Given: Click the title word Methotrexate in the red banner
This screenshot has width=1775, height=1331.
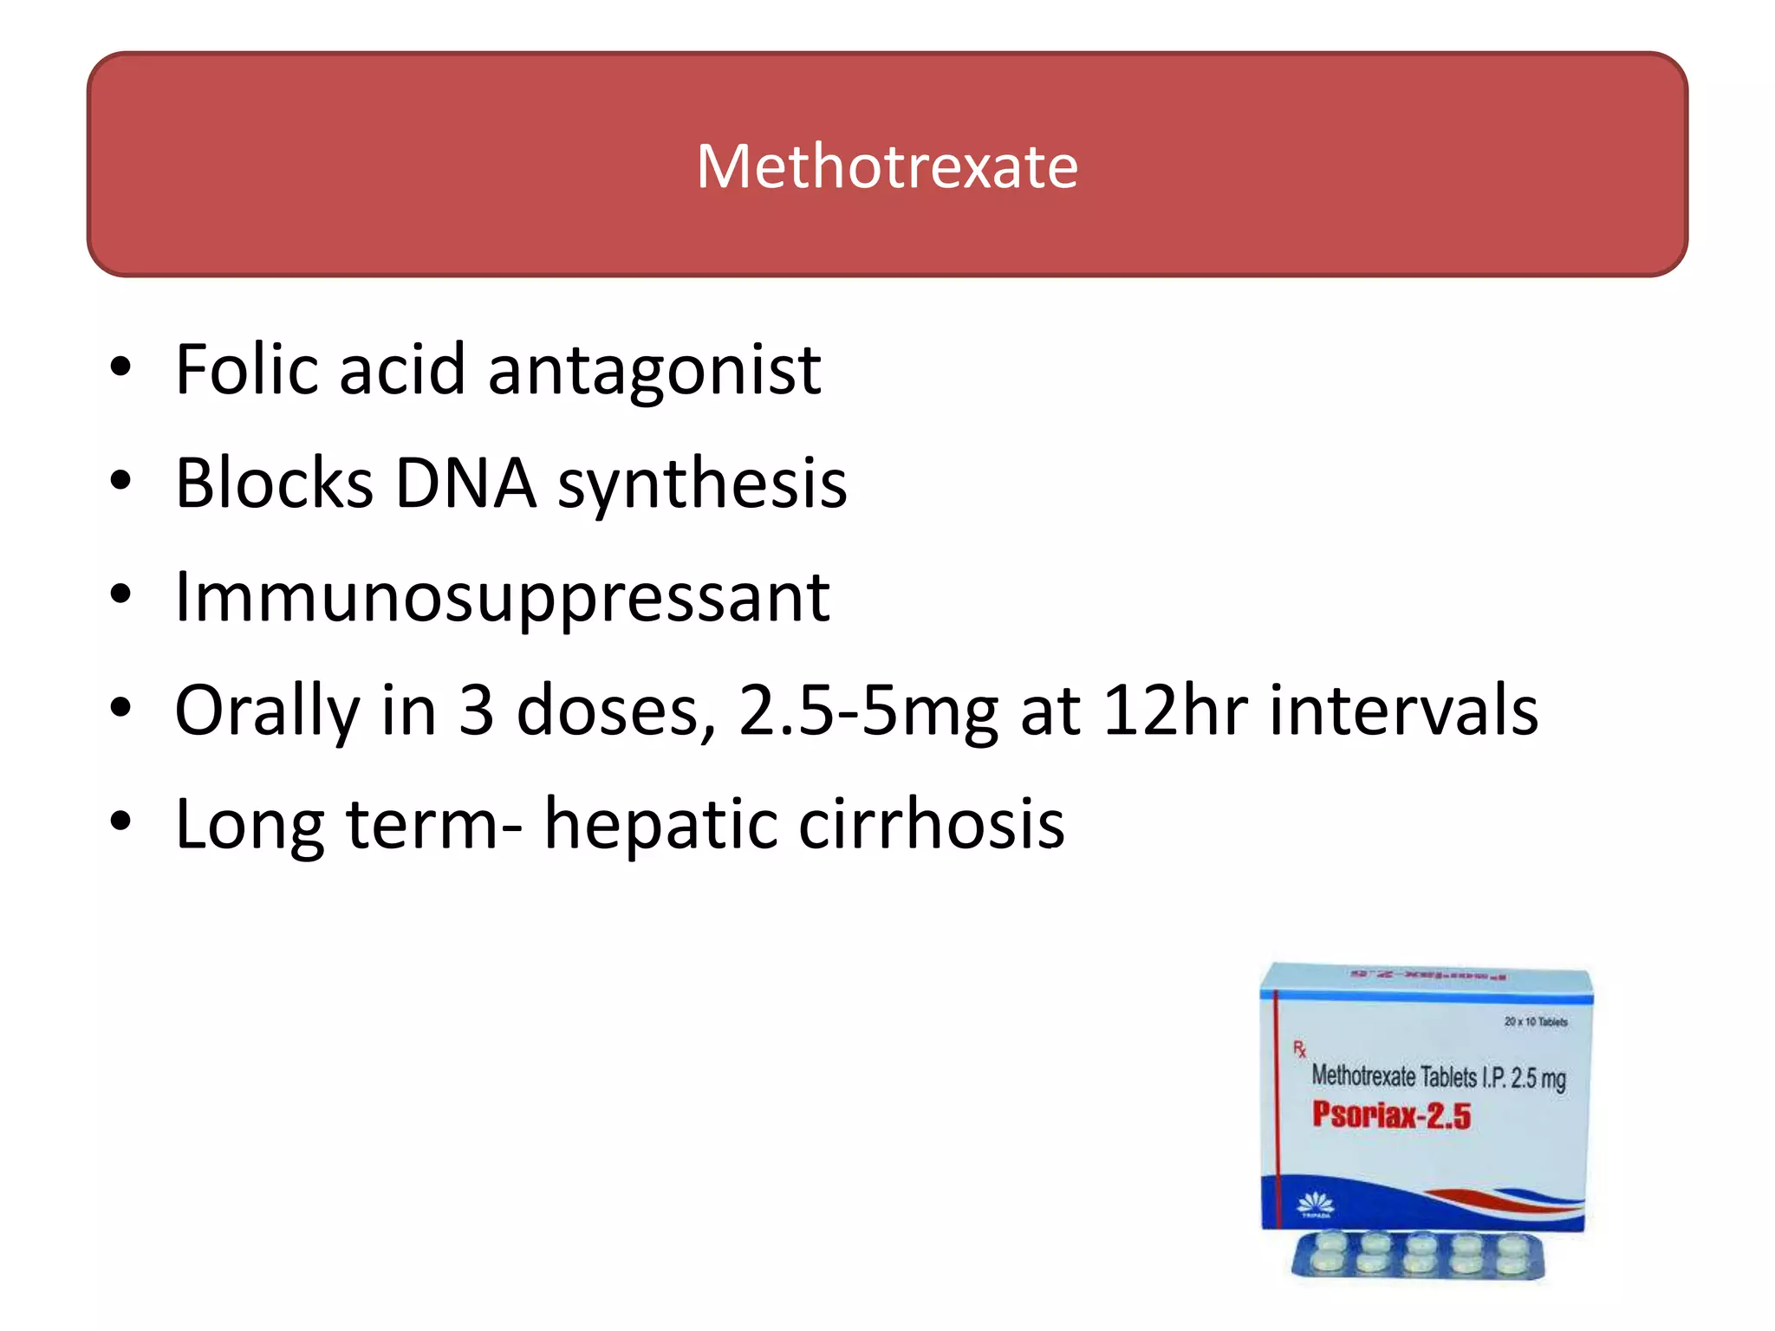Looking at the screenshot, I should coord(887,166).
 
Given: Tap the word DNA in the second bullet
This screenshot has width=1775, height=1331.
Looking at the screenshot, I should coord(465,483).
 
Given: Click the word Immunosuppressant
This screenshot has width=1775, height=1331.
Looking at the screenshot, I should coord(503,598).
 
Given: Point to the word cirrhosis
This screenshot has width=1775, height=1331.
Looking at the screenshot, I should coord(931,823).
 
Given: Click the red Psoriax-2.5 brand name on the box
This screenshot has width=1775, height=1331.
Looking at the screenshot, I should coord(1391,1115).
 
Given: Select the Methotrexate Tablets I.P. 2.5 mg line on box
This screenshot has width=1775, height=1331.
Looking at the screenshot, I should coord(1439,1077).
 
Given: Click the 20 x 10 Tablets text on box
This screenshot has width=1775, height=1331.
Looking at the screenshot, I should coord(1536,1022).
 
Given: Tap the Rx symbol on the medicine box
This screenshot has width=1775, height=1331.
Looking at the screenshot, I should coord(1299,1049).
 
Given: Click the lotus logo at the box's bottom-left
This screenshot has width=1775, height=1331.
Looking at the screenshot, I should coord(1315,1204).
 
